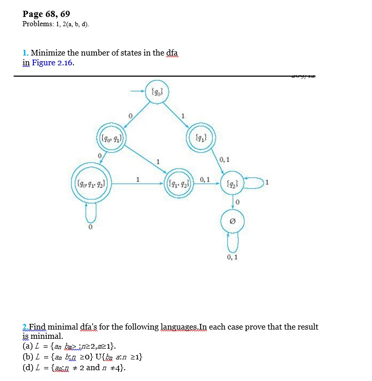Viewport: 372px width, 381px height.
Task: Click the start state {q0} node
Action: [157, 92]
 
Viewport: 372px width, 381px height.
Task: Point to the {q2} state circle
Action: [232, 182]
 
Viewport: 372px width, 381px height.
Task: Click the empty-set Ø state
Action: [232, 222]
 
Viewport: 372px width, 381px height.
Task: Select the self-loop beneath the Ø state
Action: [232, 243]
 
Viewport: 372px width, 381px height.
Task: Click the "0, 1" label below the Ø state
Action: [233, 257]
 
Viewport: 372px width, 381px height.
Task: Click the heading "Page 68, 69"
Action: [46, 14]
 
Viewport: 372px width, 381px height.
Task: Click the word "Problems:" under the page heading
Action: [36, 24]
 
